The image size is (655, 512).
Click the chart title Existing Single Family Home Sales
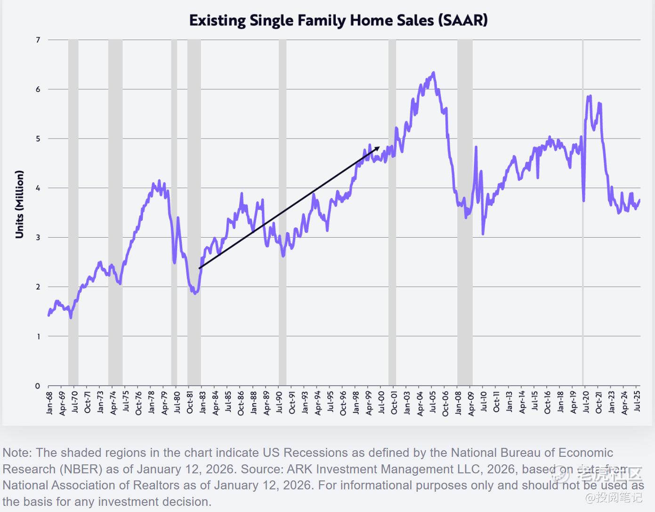[338, 20]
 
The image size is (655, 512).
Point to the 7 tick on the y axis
[38, 40]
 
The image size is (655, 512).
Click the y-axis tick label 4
[38, 188]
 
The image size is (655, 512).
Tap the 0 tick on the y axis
[38, 386]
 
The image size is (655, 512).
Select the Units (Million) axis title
[19, 204]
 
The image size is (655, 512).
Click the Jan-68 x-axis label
[49, 402]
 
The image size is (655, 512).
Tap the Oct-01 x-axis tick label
[394, 402]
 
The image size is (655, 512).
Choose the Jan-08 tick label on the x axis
[458, 402]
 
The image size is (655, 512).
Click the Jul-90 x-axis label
[279, 402]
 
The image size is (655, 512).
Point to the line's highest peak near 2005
[433, 73]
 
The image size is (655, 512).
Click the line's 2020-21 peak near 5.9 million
[590, 96]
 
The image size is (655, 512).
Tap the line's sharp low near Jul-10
[483, 233]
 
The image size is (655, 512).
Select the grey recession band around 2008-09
[465, 212]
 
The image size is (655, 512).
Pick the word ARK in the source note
[299, 469]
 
